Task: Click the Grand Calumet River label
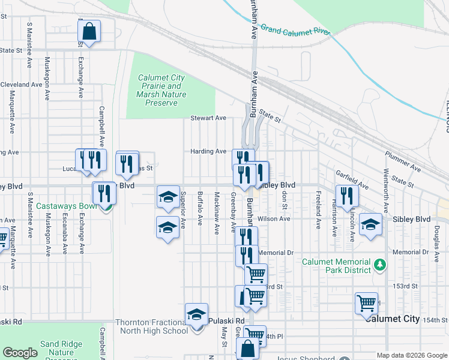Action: click(296, 30)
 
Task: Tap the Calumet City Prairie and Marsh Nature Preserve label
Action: click(161, 90)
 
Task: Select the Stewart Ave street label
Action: click(208, 118)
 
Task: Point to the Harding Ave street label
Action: click(208, 151)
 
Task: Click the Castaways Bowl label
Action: click(66, 206)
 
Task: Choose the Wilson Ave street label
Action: click(274, 219)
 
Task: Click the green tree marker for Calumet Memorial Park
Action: click(379, 264)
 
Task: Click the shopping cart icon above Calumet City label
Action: click(366, 303)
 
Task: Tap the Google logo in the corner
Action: click(20, 352)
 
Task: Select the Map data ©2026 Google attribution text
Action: click(412, 355)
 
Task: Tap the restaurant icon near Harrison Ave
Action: click(347, 196)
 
